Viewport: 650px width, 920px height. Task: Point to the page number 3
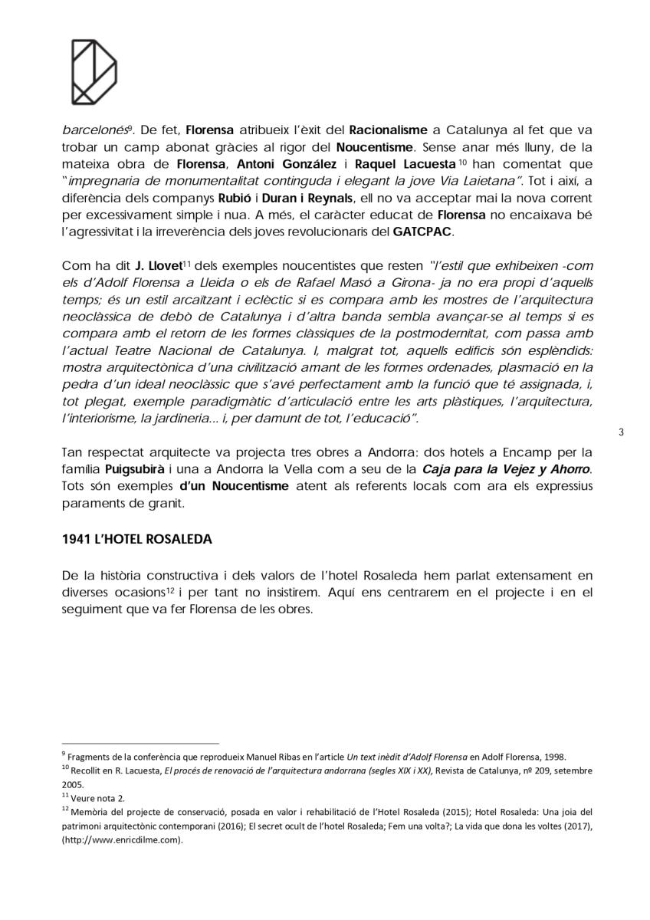pyautogui.click(x=621, y=432)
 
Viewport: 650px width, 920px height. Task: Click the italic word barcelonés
pyautogui.click(x=90, y=130)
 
